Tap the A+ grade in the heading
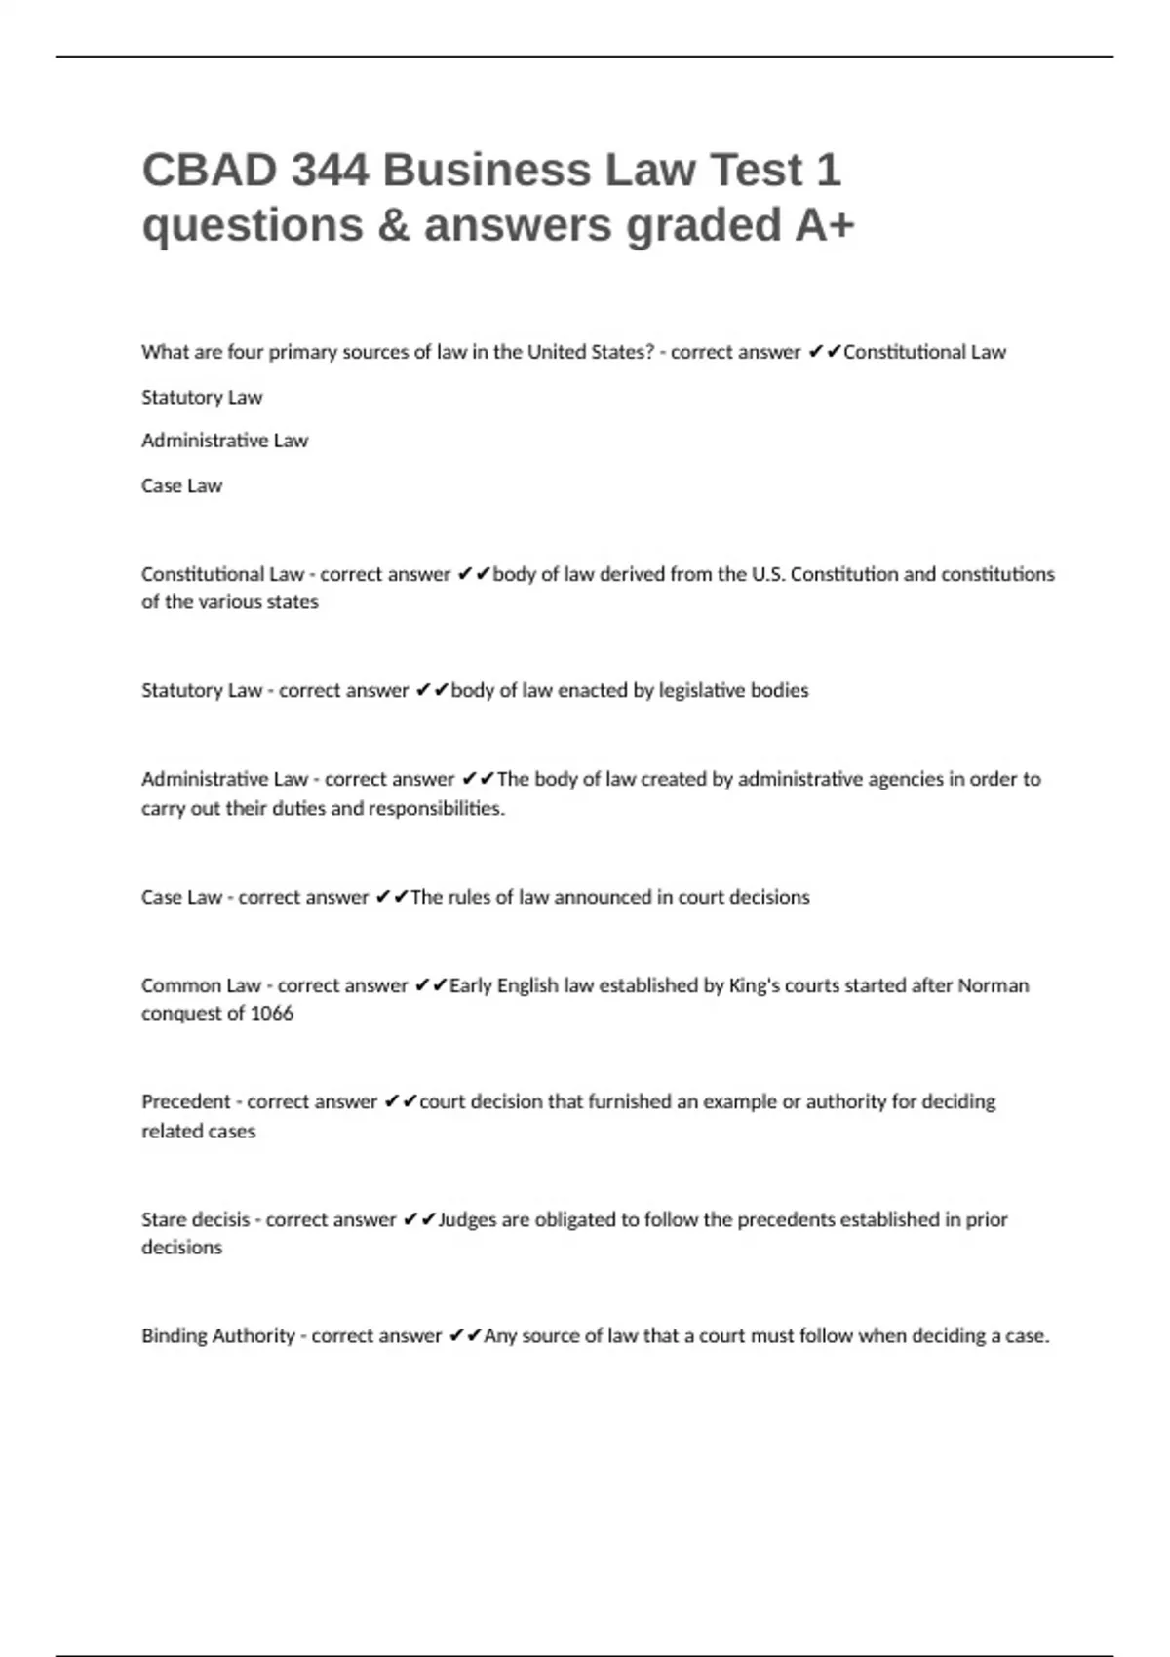click(825, 225)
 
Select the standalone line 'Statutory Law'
click(202, 398)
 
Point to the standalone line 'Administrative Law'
click(224, 441)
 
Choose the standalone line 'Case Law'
click(181, 485)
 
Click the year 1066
click(271, 1014)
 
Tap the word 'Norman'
click(993, 985)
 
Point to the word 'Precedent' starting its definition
click(186, 1101)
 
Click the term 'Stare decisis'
click(195, 1219)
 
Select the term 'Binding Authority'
click(218, 1336)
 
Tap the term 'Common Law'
click(201, 985)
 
